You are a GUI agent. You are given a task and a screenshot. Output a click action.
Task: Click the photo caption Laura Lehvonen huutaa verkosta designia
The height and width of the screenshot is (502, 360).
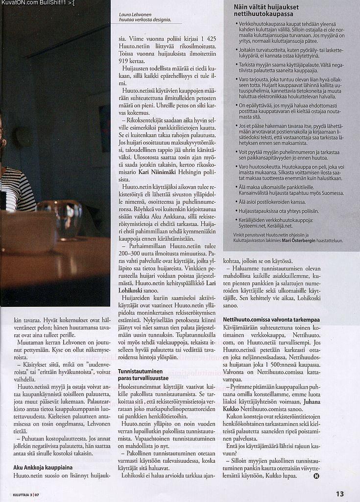pyautogui.click(x=145, y=18)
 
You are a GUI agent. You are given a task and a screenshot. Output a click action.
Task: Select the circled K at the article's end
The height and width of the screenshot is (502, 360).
pyautogui.click(x=316, y=476)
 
